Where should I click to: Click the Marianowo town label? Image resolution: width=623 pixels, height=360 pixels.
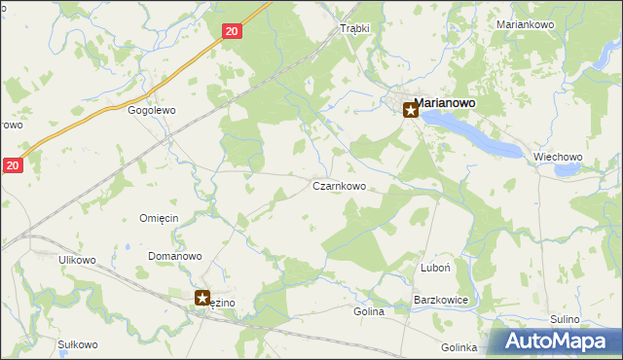tap(451, 101)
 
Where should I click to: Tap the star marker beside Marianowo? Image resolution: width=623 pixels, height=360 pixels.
tap(411, 111)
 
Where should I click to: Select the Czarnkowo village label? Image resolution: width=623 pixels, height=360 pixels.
tap(339, 186)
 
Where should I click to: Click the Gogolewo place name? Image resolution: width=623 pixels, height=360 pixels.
tap(152, 111)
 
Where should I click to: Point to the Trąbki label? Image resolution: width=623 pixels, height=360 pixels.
tap(354, 28)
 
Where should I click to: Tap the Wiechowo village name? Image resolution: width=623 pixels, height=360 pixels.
tap(558, 157)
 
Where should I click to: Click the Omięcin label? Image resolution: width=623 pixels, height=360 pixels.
tap(159, 218)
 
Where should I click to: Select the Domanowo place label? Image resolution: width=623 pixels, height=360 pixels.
tap(174, 257)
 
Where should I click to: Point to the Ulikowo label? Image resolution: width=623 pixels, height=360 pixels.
tap(77, 260)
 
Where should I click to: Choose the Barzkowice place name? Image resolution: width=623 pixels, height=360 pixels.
tap(442, 301)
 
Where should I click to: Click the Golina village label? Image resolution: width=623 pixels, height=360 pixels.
tap(369, 312)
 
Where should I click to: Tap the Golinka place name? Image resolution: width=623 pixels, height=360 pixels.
tap(458, 347)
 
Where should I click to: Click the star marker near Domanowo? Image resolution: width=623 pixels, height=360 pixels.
tap(202, 298)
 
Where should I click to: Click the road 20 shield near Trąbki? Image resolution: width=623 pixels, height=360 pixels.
tap(231, 31)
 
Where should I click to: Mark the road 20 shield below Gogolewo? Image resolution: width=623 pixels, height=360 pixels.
tap(12, 166)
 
